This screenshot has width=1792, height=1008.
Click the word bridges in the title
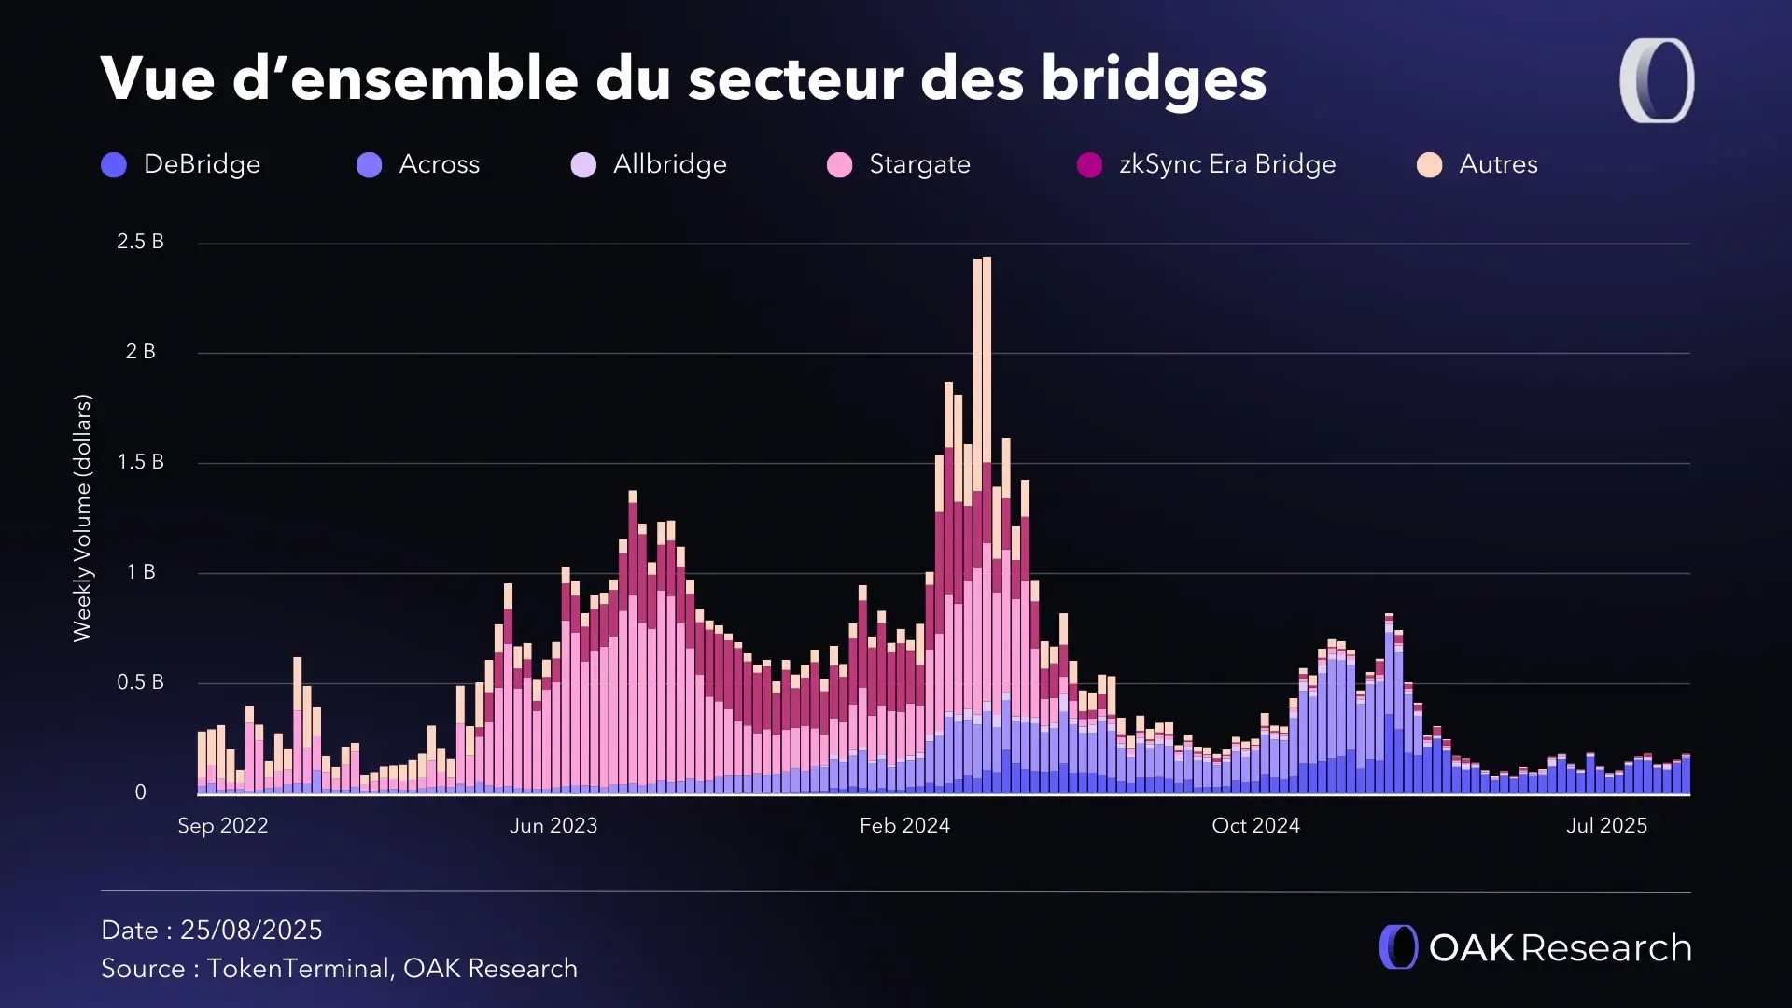[1154, 78]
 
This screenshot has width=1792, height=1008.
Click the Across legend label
[439, 164]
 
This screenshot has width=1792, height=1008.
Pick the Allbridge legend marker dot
[583, 165]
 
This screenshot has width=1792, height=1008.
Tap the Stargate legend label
[919, 164]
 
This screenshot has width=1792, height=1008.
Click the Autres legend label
[1498, 164]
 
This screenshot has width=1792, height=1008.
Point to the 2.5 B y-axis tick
[140, 242]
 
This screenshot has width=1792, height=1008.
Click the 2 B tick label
[140, 352]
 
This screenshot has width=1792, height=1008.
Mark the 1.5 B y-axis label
[140, 462]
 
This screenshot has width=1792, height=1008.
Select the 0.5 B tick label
[140, 682]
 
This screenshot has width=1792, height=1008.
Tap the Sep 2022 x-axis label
[222, 826]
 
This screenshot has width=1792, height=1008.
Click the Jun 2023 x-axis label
[553, 826]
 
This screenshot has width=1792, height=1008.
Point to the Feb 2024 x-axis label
[904, 826]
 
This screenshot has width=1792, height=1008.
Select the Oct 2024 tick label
[1255, 826]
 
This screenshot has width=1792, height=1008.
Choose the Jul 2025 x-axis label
[1606, 826]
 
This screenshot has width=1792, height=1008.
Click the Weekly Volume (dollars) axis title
[82, 518]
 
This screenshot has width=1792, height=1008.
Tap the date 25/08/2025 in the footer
[251, 931]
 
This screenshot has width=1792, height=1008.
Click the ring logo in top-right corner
[1657, 80]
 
